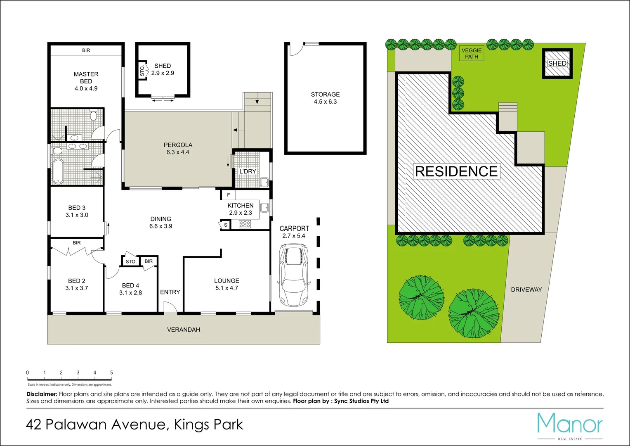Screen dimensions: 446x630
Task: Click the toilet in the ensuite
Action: (94, 115)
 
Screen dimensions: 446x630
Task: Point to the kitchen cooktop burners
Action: (245, 224)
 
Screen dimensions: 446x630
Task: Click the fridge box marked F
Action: (229, 195)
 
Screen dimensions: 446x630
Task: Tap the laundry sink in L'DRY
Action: (264, 182)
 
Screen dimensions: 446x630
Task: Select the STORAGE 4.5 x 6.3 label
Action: (325, 98)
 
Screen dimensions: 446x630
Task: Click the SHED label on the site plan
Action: (557, 63)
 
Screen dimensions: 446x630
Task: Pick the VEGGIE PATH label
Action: (472, 53)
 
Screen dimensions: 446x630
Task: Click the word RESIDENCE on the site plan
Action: (456, 171)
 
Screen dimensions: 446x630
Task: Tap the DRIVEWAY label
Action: (526, 289)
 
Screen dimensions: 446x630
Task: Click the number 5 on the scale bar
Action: (111, 372)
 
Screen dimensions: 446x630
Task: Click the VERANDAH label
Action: (184, 330)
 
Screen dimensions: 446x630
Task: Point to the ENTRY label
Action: (170, 292)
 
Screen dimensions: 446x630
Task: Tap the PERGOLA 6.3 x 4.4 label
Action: (178, 148)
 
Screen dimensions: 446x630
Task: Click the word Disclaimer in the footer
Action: (42, 394)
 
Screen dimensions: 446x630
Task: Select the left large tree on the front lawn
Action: (421, 297)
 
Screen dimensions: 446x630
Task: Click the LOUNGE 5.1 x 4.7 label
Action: (227, 284)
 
